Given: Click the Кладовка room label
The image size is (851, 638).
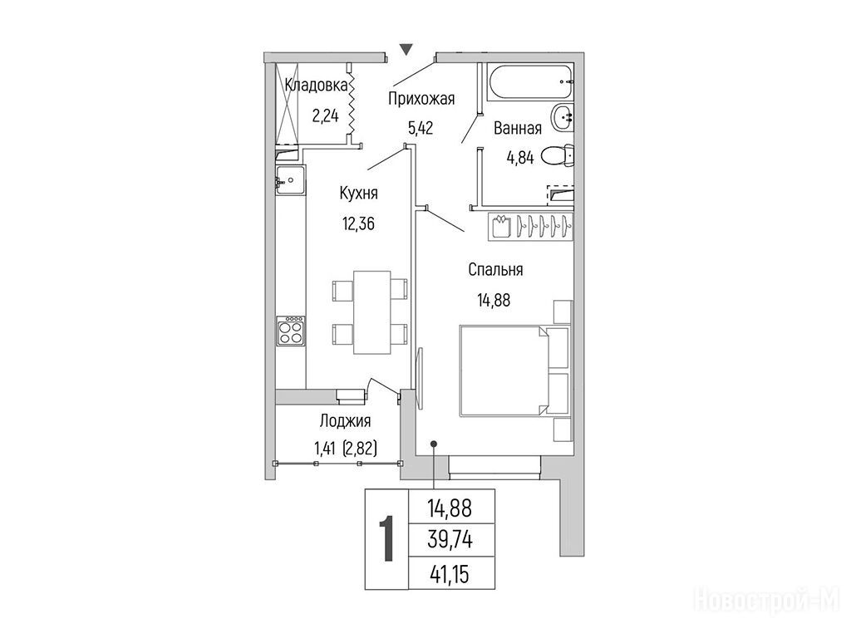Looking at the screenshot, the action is click(x=316, y=86).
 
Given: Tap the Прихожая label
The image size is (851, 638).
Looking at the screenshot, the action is click(x=421, y=100).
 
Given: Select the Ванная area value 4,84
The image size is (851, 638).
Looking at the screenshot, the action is click(x=520, y=158).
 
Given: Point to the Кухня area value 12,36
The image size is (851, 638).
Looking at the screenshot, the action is click(x=358, y=223).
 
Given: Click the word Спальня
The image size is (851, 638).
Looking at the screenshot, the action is click(x=495, y=270).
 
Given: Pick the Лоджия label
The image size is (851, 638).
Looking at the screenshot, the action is click(x=345, y=420).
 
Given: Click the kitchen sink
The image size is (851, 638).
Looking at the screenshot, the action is click(x=290, y=179).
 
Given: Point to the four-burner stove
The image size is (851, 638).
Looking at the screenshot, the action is click(x=290, y=331).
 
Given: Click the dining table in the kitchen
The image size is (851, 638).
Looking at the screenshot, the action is click(x=371, y=312).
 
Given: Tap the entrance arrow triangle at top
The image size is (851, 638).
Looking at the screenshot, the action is click(x=406, y=49).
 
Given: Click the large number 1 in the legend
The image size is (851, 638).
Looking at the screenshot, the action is click(x=386, y=538).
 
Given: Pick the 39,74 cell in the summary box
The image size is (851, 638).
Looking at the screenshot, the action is click(x=450, y=540).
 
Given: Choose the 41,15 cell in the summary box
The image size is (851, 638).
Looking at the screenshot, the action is click(x=450, y=573).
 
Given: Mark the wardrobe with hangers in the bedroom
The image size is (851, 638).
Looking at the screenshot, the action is click(x=531, y=226).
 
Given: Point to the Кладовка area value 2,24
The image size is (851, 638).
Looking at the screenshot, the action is click(x=325, y=115).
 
